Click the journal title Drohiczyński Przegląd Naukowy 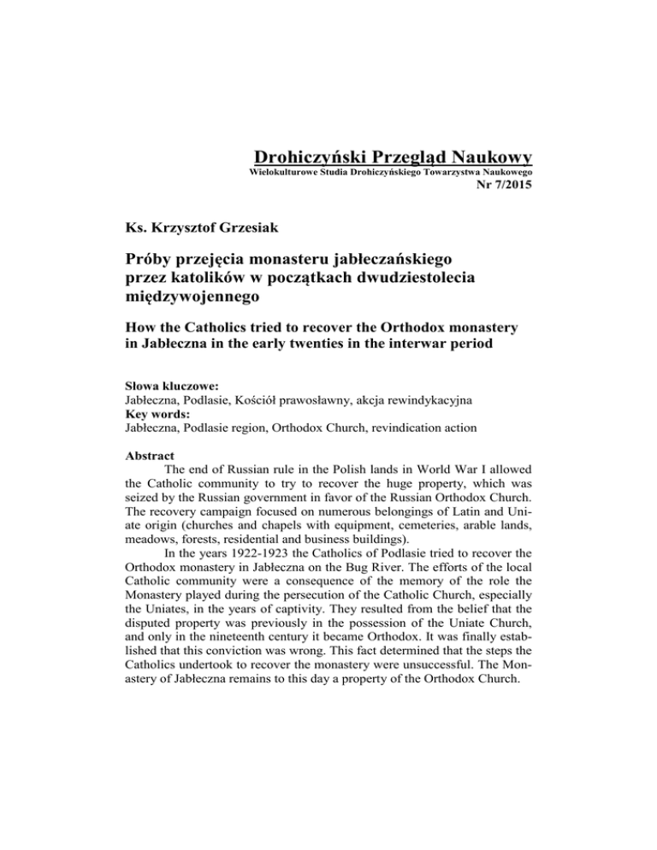pos(394,157)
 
